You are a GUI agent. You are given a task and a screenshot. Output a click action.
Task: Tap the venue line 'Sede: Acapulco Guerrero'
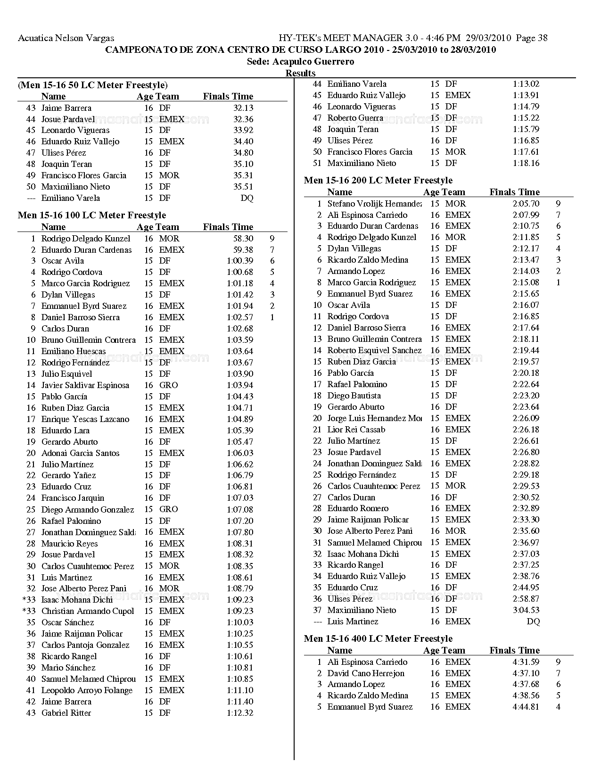coord(300,62)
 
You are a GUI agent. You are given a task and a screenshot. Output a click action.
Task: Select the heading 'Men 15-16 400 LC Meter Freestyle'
coord(378,638)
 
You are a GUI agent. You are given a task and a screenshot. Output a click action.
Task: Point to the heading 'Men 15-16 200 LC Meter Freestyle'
coord(378,180)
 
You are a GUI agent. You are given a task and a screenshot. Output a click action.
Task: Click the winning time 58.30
coord(243,239)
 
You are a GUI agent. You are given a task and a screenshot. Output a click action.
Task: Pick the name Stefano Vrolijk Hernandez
coord(374,204)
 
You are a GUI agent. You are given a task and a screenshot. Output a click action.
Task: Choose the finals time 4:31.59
coord(526,662)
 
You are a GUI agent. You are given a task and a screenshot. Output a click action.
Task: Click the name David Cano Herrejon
coord(366,673)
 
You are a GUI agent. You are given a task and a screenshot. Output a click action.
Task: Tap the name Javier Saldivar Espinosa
coord(85,385)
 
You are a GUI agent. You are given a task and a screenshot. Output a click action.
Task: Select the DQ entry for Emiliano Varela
coord(247,198)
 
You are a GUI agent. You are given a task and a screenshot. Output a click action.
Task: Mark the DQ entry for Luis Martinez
coord(533,621)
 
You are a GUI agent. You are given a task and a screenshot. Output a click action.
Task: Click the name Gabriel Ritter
coord(66,713)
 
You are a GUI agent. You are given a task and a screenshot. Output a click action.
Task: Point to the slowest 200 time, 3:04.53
coord(526,610)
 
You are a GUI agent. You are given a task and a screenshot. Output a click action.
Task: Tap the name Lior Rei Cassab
coord(356,430)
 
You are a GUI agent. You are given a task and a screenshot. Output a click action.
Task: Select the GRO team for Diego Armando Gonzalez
coord(168,509)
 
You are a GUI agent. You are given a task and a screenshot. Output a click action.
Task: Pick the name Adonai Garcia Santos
coord(80,453)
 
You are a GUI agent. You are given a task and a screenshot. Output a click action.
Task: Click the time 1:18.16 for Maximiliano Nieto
coord(526,163)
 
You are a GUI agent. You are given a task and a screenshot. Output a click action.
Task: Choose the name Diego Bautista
coord(354,396)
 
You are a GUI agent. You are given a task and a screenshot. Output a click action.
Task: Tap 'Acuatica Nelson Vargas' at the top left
coord(66,38)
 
